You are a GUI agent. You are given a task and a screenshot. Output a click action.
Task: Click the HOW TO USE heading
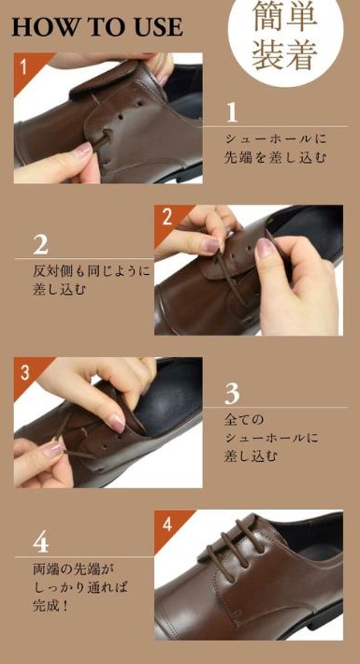97,27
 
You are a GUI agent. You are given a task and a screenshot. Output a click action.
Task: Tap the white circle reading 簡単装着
285,37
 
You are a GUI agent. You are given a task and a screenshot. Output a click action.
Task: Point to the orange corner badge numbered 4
170,525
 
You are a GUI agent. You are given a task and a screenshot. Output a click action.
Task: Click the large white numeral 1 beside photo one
232,112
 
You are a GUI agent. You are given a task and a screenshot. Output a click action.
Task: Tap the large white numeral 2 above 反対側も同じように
40,245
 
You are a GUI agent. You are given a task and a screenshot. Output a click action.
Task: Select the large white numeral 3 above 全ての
232,394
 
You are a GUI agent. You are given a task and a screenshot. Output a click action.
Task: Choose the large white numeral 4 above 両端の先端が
40,542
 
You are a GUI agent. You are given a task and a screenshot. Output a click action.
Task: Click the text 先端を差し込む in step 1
275,158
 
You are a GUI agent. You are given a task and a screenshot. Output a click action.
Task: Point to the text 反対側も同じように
91,271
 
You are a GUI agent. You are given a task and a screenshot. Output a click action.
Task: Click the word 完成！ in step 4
50,606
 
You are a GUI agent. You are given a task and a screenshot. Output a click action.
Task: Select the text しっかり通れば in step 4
80,587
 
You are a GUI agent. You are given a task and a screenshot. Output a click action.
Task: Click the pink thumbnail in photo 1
83,149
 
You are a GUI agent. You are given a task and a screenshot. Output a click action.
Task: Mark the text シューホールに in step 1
275,139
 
